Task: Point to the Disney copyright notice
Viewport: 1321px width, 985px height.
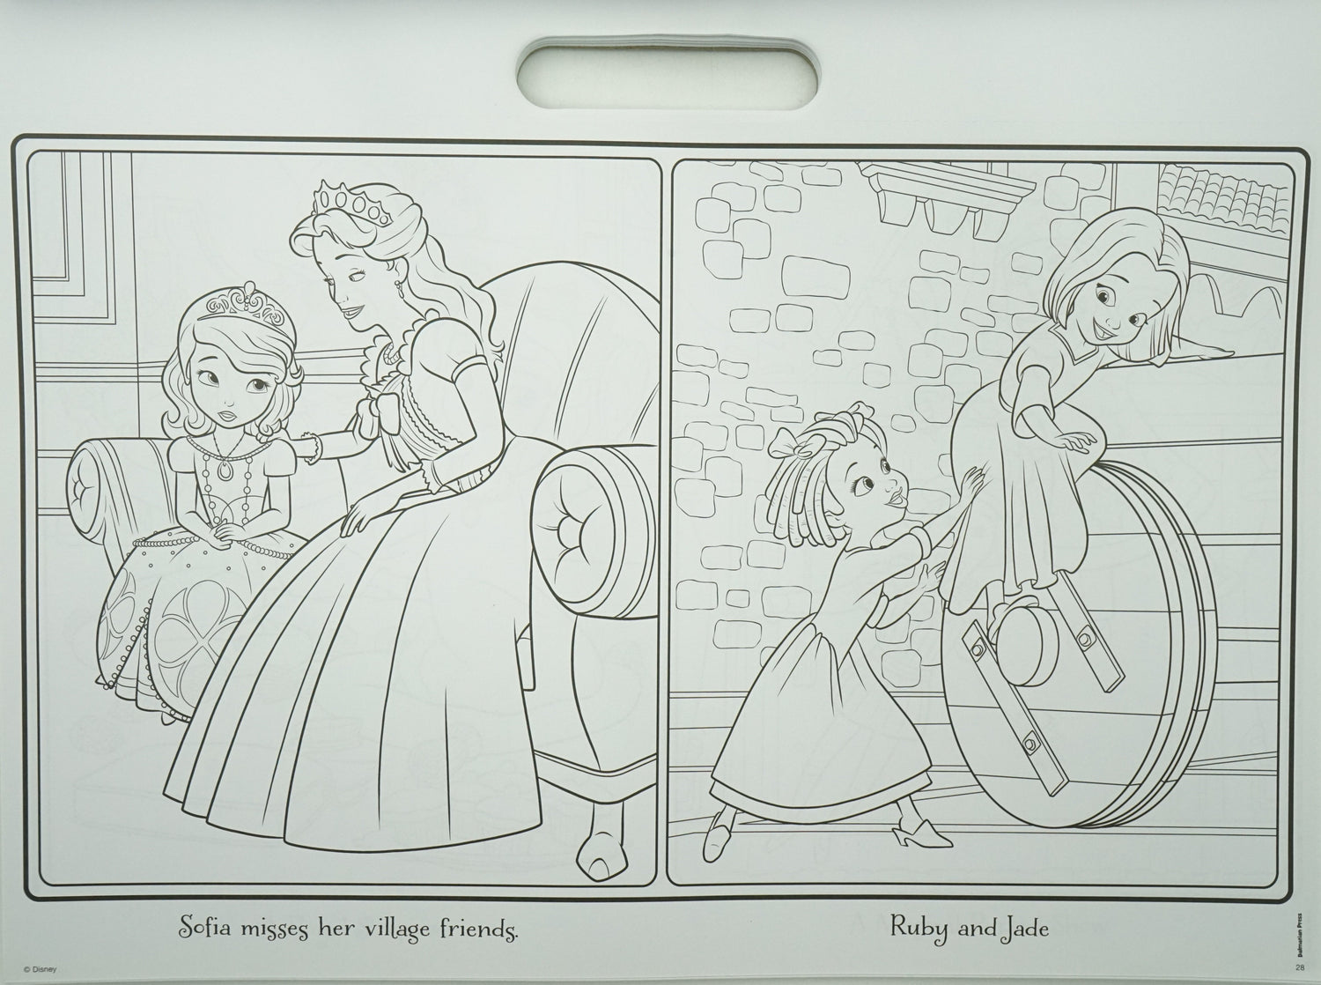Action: [x=39, y=969]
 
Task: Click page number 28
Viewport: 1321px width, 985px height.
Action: [x=1299, y=967]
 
